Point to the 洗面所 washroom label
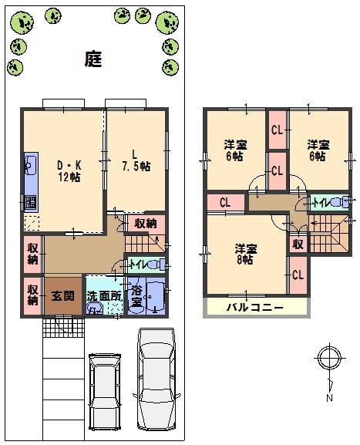click(x=103, y=295)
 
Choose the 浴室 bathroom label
click(x=136, y=297)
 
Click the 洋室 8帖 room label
click(x=246, y=254)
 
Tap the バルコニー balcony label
click(x=254, y=308)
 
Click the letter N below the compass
click(x=328, y=398)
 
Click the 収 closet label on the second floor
click(x=297, y=244)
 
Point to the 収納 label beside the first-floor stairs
click(x=145, y=224)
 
